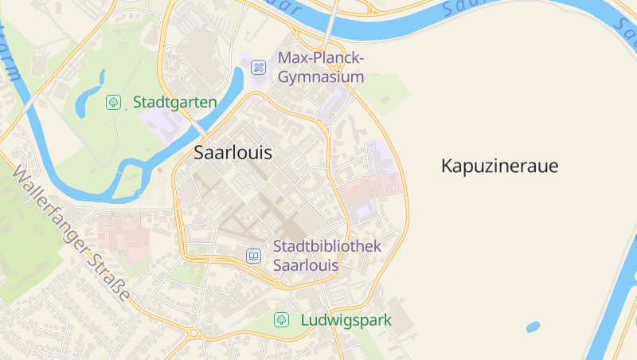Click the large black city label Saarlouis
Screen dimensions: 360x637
tap(233, 154)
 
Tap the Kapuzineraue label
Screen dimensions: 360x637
tap(499, 166)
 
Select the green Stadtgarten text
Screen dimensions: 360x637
tap(175, 102)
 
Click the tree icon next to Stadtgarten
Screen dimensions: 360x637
tap(113, 102)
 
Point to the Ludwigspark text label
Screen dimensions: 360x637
tap(346, 320)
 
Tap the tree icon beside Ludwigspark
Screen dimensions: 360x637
tap(281, 320)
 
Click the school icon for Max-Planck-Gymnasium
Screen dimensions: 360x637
tap(259, 68)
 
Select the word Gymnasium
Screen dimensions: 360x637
tap(321, 77)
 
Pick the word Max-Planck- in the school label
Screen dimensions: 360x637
tap(321, 58)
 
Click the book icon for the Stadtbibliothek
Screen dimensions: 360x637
tap(253, 256)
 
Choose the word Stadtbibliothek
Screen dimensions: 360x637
tap(327, 246)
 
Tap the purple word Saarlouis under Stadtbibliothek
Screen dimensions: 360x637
tap(306, 265)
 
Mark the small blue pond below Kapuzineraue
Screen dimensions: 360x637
tap(533, 327)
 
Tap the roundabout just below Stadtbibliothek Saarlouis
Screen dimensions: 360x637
tap(276, 284)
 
